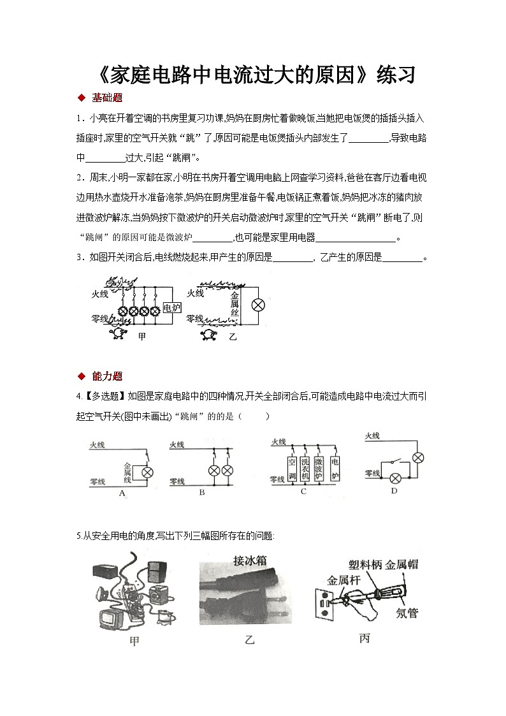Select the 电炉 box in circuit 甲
pyautogui.click(x=172, y=307)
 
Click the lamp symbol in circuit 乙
pyautogui.click(x=258, y=305)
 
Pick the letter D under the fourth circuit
pyautogui.click(x=393, y=491)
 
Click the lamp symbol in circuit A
pyautogui.click(x=147, y=472)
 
